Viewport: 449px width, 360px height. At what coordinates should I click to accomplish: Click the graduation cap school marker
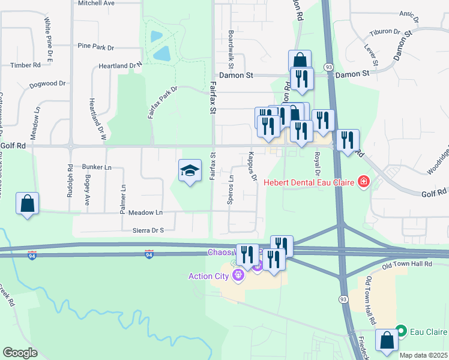(190, 171)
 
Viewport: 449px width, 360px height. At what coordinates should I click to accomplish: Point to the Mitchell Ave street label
(96, 3)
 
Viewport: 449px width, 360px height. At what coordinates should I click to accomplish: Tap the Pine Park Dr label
(96, 46)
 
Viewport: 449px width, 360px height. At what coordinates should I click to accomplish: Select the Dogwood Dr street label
(47, 85)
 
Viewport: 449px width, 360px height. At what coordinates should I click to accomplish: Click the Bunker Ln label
(97, 167)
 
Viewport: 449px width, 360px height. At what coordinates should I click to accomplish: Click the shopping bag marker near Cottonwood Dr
(28, 204)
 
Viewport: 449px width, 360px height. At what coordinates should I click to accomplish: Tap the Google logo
(20, 353)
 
